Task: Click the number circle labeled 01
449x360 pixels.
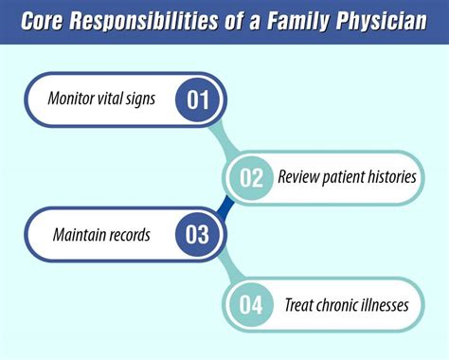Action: click(198, 100)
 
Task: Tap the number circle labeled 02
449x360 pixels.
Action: click(250, 176)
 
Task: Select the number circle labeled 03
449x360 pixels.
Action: click(197, 233)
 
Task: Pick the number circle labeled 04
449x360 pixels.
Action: click(250, 306)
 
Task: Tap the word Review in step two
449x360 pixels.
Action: click(299, 177)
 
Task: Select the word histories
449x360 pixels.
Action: click(386, 177)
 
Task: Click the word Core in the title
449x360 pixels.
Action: click(48, 22)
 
